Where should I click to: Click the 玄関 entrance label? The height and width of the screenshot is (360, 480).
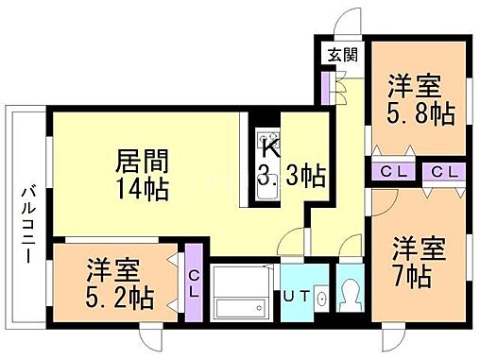tap(343, 54)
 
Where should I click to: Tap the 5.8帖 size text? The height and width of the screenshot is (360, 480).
tap(421, 115)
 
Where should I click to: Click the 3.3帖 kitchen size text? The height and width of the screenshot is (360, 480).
tap(292, 177)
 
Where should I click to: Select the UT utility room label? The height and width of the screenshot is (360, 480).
tap(296, 297)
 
